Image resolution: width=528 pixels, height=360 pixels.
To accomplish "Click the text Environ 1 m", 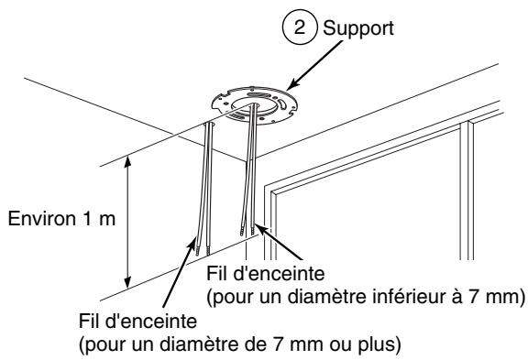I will click(54, 221).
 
